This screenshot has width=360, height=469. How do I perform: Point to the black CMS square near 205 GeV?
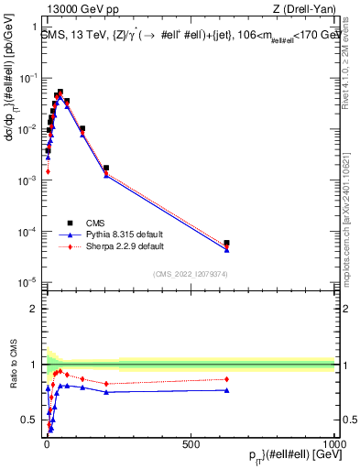point(106,169)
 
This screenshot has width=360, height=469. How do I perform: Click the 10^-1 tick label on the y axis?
point(27,79)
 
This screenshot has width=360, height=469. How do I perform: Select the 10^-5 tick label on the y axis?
point(27,281)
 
